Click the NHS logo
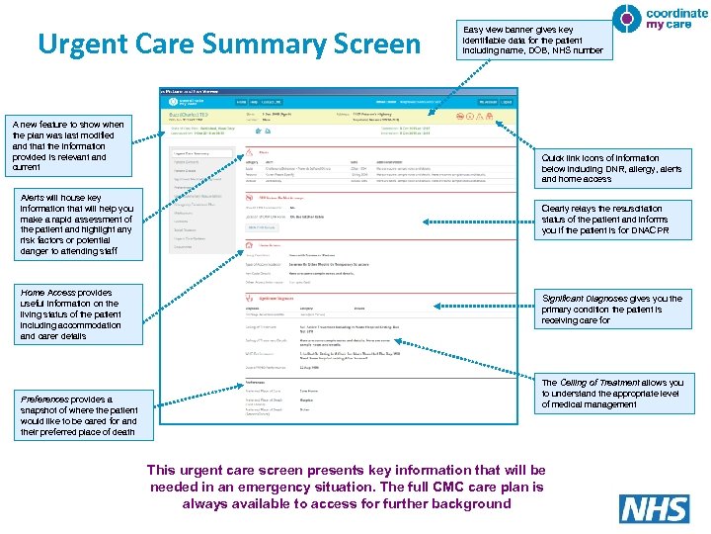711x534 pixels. pyautogui.click(x=654, y=508)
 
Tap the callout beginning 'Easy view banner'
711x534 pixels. pyautogui.click(x=532, y=40)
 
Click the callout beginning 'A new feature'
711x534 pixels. pyautogui.click(x=68, y=145)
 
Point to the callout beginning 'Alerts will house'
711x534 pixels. pyautogui.click(x=75, y=224)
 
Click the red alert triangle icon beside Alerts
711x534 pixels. pyautogui.click(x=250, y=152)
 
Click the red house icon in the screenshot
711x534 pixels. pyautogui.click(x=250, y=253)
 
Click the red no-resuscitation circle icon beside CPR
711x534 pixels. pyautogui.click(x=250, y=198)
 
